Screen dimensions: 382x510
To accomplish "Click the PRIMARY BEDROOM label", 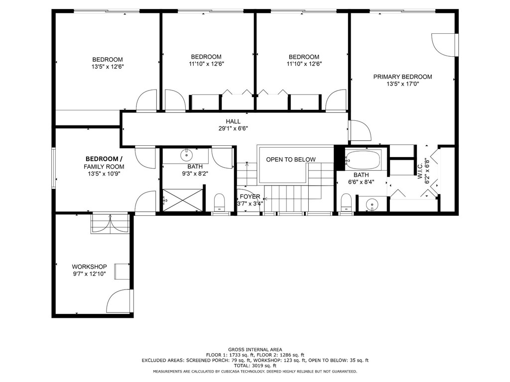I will (402, 77).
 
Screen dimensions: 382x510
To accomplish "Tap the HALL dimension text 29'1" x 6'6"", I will (233, 128).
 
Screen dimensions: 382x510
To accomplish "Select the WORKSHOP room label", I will (89, 267).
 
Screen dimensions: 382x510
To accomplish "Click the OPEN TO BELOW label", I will (290, 160).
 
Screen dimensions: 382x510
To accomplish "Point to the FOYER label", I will (250, 196).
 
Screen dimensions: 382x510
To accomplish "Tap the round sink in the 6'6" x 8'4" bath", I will (371, 204).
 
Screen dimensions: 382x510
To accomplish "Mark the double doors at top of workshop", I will (110, 223).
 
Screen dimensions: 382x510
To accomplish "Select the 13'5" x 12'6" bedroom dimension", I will (107, 67).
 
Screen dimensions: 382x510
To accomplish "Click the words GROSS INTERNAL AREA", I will (255, 349).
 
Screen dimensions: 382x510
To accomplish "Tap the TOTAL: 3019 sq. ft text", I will (255, 366).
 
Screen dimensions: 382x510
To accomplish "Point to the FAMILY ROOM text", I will (104, 167).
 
